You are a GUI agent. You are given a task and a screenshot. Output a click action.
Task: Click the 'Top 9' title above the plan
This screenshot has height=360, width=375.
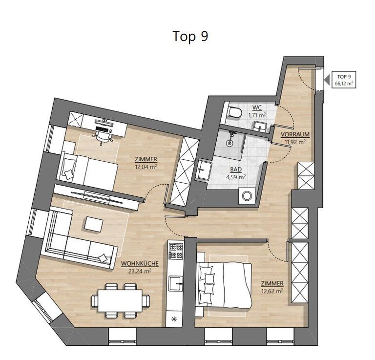pyautogui.click(x=190, y=36)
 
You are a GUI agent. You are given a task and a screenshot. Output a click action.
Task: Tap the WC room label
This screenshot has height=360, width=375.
pyautogui.click(x=257, y=107)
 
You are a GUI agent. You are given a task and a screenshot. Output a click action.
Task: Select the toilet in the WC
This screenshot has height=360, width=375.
pyautogui.click(x=235, y=112)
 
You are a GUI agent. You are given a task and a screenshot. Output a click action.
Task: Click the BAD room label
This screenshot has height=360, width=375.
pyautogui.click(x=236, y=169)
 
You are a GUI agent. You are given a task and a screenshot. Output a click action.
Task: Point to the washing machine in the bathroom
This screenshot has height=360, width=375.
pyautogui.click(x=247, y=196)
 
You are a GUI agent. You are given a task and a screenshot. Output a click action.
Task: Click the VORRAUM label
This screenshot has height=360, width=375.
pyautogui.click(x=295, y=134)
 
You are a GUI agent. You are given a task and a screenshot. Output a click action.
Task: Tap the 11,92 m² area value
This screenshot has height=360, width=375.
pyautogui.click(x=295, y=142)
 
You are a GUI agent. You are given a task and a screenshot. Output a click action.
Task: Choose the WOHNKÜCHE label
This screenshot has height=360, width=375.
pyautogui.click(x=140, y=264)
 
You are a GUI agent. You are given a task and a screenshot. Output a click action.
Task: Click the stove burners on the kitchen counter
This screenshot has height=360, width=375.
pyautogui.click(x=176, y=251)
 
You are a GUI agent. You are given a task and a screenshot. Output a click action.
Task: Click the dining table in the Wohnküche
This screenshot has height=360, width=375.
pyautogui.click(x=120, y=300)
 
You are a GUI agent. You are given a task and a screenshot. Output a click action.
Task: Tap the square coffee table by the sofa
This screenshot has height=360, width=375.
pyautogui.click(x=94, y=224)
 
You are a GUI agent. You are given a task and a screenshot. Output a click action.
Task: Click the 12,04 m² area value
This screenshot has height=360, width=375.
pyautogui.click(x=146, y=167)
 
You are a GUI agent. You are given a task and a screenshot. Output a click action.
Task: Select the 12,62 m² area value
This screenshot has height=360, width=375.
pyautogui.click(x=272, y=291)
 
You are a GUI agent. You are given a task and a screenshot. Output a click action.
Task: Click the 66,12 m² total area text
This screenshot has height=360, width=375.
pyautogui.click(x=344, y=84)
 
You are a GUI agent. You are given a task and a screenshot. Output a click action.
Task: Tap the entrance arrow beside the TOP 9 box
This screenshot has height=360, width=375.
pyautogui.click(x=327, y=80)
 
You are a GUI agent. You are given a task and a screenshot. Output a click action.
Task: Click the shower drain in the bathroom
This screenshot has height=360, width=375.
pyautogui.click(x=229, y=143)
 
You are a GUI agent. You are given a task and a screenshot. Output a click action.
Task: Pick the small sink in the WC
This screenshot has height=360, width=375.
pyautogui.click(x=260, y=126)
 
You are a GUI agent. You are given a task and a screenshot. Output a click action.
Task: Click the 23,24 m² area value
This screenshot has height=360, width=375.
pyautogui.click(x=140, y=271)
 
